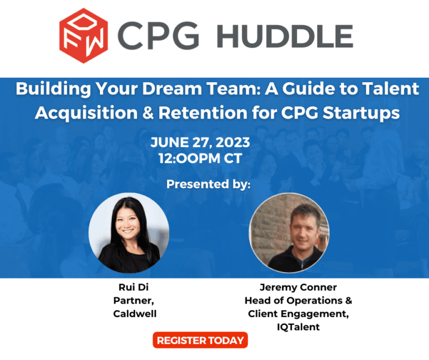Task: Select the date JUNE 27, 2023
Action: click(x=200, y=143)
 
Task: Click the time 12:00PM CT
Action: click(x=200, y=158)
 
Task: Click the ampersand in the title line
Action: click(x=148, y=112)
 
